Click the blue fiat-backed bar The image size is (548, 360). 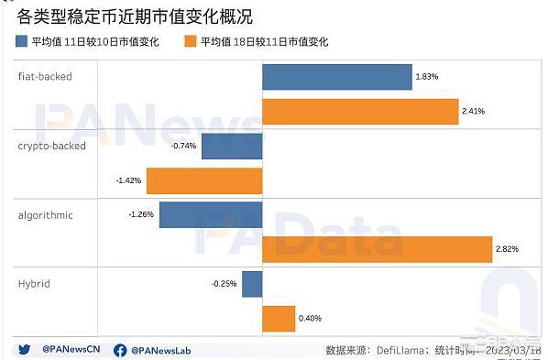pos(336,77)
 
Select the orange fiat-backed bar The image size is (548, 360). pos(359,111)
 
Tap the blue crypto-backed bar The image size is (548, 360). pos(232,146)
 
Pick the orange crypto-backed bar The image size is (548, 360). pos(204,180)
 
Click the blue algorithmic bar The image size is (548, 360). pos(212,215)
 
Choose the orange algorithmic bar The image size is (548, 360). pos(377,249)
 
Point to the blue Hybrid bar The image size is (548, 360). pos(252,284)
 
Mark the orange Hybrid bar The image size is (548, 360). pos(278,318)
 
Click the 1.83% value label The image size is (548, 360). pos(426,77)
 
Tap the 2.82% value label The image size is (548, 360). pos(507,249)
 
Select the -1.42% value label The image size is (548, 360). pos(128,180)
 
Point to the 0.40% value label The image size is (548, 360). pos(310,318)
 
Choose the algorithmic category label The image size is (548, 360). pos(45,214)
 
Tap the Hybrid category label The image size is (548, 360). pos(33,283)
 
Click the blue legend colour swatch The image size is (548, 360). pos(22,41)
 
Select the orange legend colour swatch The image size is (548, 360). pos(191,41)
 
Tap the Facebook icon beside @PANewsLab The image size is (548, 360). pos(120,349)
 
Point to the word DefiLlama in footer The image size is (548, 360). pos(402,349)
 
